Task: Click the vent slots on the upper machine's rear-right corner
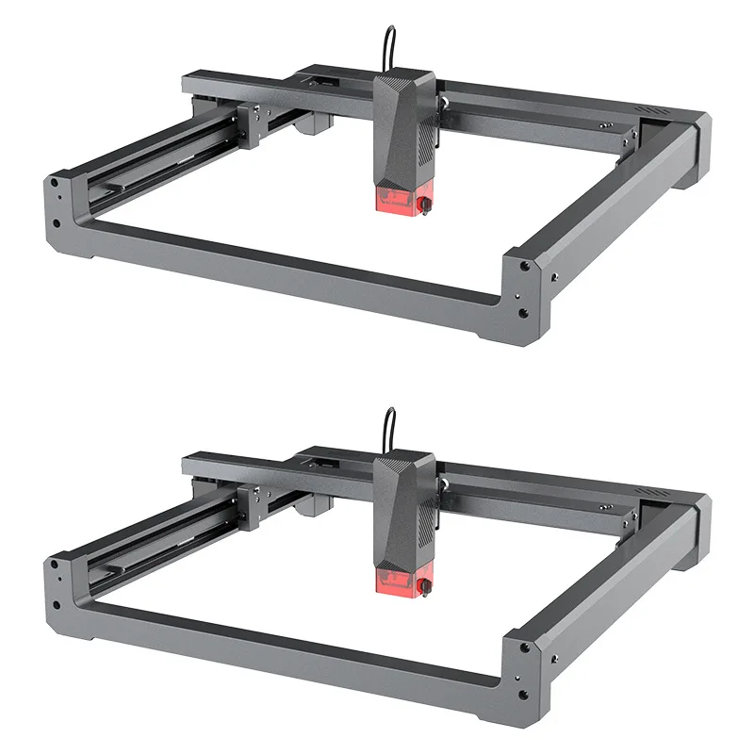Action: pyautogui.click(x=651, y=111)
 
